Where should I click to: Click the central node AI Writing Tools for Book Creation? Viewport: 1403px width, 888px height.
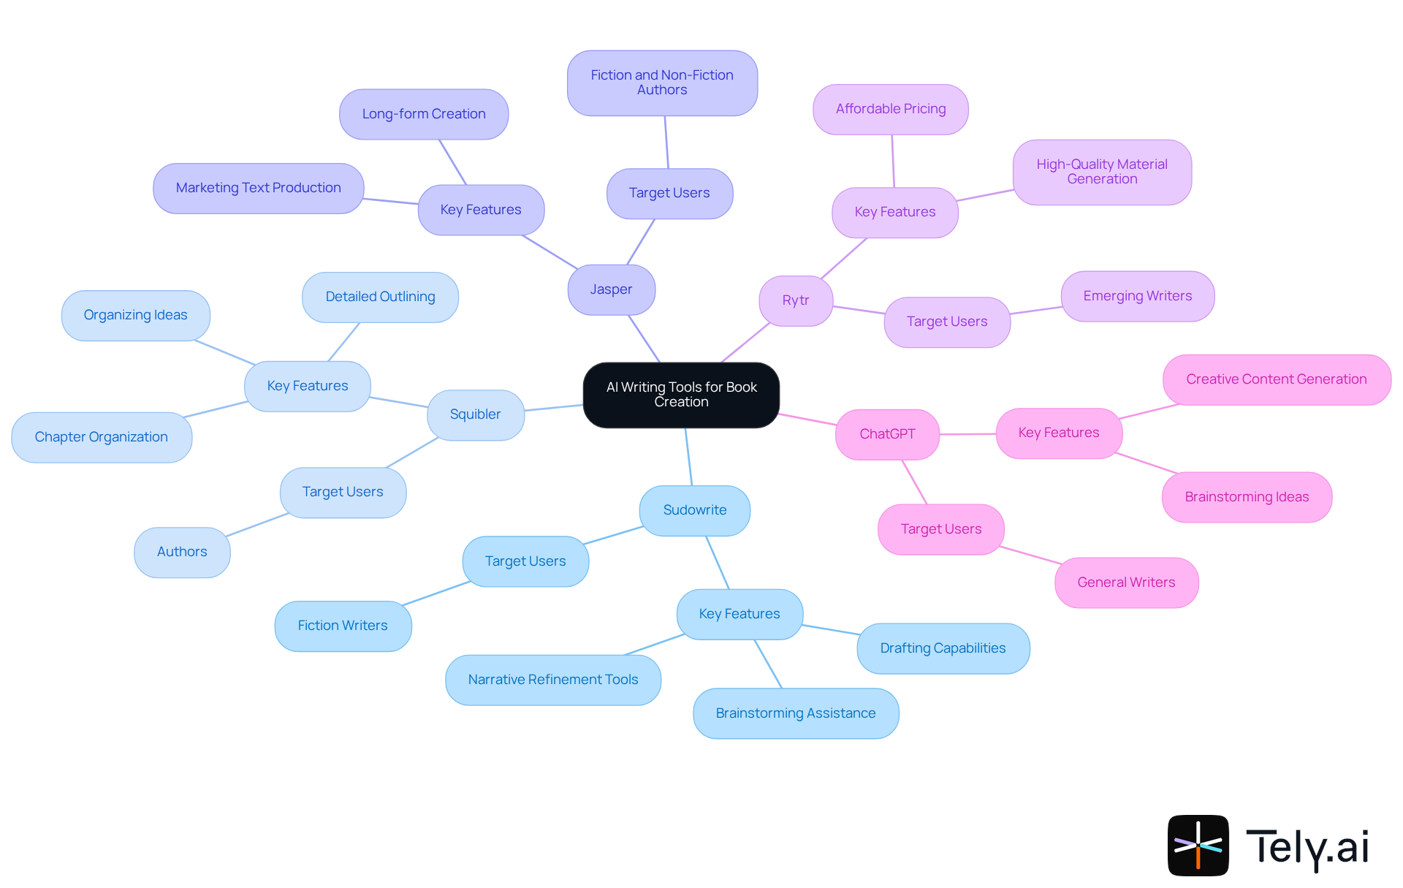point(681,395)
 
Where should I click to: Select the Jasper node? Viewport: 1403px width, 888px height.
point(611,289)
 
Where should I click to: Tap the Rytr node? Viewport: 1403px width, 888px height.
point(795,300)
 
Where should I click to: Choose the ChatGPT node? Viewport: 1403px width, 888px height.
point(887,434)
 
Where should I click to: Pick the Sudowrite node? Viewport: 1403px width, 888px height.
point(694,510)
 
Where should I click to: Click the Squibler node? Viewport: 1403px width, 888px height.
point(475,414)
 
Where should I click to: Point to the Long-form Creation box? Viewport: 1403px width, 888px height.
point(424,114)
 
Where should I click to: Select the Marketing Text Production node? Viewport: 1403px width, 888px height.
point(258,188)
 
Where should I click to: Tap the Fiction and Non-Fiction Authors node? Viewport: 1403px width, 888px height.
point(662,83)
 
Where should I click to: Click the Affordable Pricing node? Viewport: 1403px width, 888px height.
point(890,109)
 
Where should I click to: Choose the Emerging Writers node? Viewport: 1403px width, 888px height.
point(1137,296)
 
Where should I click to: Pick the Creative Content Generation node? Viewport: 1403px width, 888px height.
point(1276,379)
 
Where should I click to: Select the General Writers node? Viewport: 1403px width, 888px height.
point(1126,582)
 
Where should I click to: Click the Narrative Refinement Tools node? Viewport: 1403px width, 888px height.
point(553,680)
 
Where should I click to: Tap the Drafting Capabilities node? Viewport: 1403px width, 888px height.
point(943,648)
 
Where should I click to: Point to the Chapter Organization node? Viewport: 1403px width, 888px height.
point(102,437)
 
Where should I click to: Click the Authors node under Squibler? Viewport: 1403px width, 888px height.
point(182,552)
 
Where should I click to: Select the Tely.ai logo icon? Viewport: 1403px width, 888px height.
point(1198,845)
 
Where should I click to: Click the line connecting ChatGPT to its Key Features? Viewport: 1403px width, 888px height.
point(967,434)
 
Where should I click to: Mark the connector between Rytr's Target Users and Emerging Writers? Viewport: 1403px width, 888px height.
point(1035,311)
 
